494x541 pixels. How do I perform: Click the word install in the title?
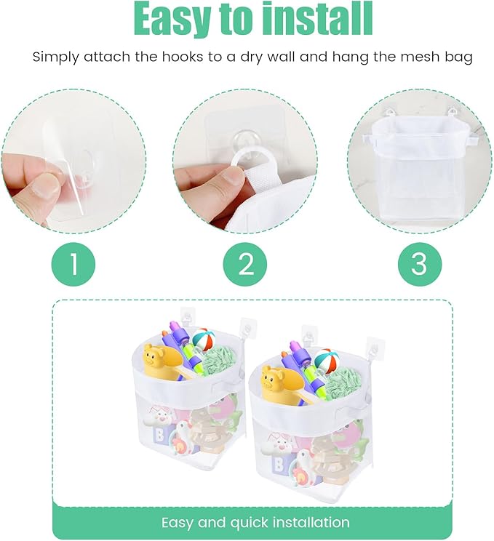(314, 20)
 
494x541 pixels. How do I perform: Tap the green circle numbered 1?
(73, 263)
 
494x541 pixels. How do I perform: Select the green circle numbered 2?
(247, 263)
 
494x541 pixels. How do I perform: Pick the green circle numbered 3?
(419, 263)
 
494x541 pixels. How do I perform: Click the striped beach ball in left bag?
(202, 340)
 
